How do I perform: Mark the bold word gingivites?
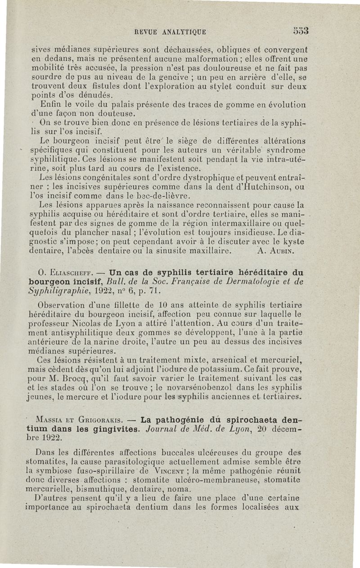tap(109, 429)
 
